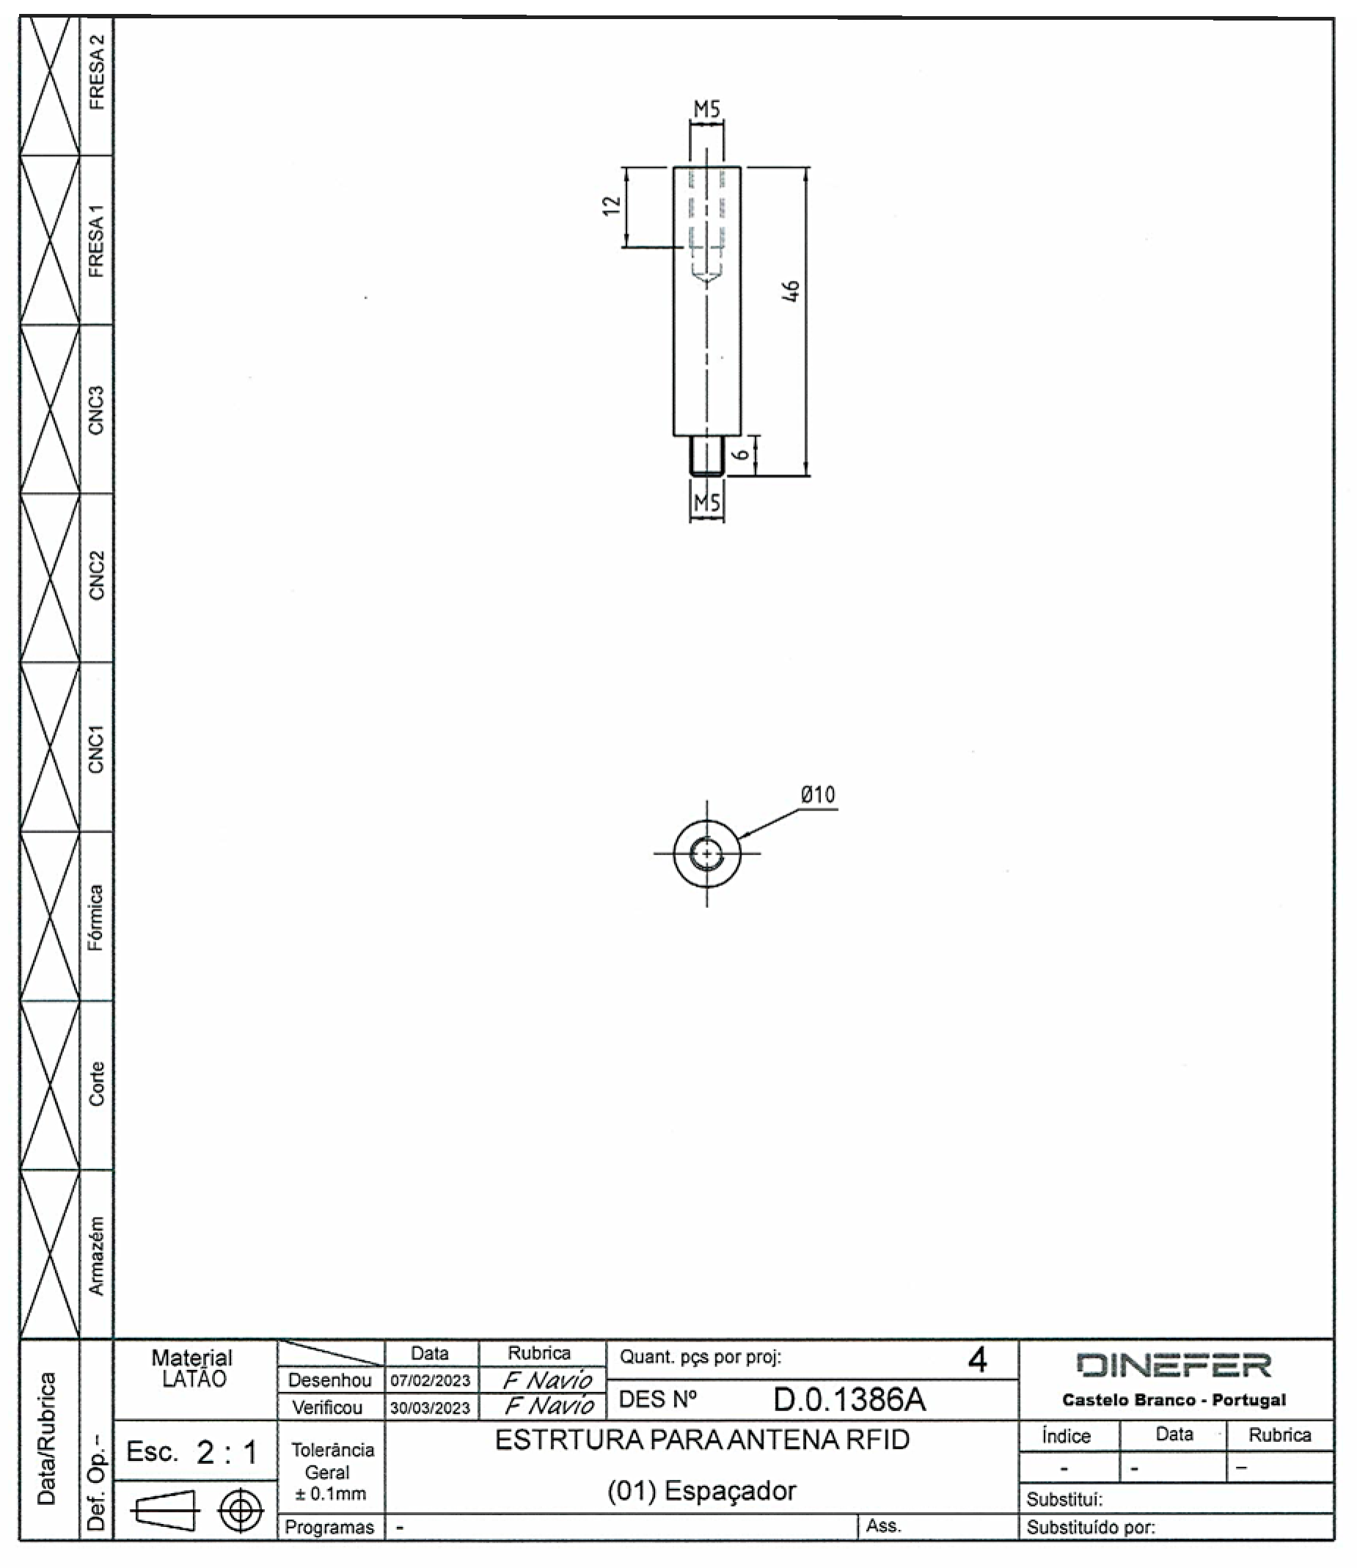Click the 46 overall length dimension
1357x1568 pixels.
point(791,290)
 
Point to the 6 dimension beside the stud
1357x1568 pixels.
point(744,454)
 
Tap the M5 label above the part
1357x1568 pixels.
point(706,110)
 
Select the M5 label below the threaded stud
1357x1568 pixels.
point(706,502)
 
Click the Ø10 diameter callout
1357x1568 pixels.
point(818,795)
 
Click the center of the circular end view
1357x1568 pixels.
point(706,854)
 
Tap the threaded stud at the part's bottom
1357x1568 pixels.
point(706,457)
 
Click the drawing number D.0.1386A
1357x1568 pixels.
point(849,1401)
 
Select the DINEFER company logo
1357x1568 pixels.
point(1173,1366)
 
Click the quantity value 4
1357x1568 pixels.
point(977,1361)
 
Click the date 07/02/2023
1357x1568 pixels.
point(430,1381)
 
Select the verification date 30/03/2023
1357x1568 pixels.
point(430,1408)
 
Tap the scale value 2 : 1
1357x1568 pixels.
point(227,1453)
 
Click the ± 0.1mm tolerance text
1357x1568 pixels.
point(330,1494)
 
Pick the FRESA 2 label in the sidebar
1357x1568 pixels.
point(96,73)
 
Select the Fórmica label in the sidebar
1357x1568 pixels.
point(95,917)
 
